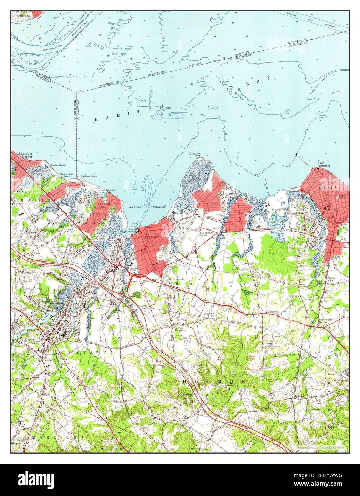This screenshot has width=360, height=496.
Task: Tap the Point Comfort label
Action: (324, 165)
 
